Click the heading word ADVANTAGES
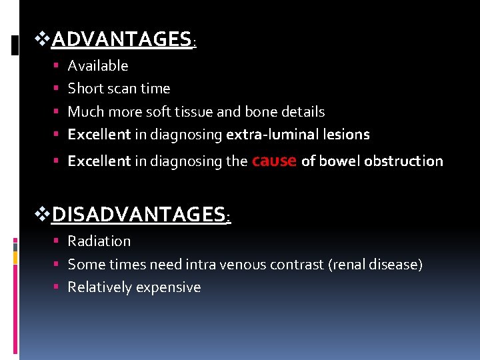[x=121, y=40]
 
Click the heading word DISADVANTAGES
[x=139, y=215]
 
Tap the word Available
[x=98, y=65]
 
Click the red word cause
[x=275, y=160]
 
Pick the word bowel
[x=339, y=161]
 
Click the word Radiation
[x=99, y=241]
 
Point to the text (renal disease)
[x=375, y=264]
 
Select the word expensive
[x=170, y=287]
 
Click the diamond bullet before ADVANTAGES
[x=42, y=40]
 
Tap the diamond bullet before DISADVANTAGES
[x=42, y=215]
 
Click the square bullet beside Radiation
[x=59, y=241]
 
